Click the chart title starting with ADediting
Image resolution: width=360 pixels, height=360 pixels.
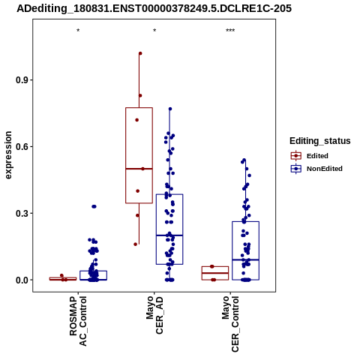(x=154, y=8)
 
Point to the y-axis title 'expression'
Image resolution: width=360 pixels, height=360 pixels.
(x=8, y=155)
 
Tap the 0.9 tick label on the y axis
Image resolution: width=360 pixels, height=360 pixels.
(x=20, y=80)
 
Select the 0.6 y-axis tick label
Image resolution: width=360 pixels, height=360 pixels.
(x=20, y=146)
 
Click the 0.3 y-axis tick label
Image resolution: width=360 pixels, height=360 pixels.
(x=20, y=213)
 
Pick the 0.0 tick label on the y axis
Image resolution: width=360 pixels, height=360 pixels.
(x=20, y=280)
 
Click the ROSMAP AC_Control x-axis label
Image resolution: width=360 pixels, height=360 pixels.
(x=78, y=321)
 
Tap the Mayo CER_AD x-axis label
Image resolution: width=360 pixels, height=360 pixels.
(x=154, y=315)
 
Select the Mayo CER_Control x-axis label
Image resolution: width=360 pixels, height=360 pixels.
(x=230, y=324)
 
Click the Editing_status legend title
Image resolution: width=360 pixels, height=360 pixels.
(x=320, y=141)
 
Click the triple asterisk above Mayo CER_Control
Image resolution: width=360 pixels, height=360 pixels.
(x=230, y=31)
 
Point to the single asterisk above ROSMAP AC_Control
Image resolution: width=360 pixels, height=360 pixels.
(x=78, y=31)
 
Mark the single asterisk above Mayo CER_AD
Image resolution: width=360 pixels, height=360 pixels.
(x=154, y=31)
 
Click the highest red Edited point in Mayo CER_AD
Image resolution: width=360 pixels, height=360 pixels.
(x=140, y=53)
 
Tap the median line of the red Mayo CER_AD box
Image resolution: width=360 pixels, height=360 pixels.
(x=139, y=169)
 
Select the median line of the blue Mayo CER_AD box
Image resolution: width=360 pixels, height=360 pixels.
(x=169, y=235)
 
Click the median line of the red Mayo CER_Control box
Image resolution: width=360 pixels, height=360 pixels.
(x=215, y=273)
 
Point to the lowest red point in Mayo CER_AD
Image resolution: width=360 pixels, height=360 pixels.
(x=136, y=244)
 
